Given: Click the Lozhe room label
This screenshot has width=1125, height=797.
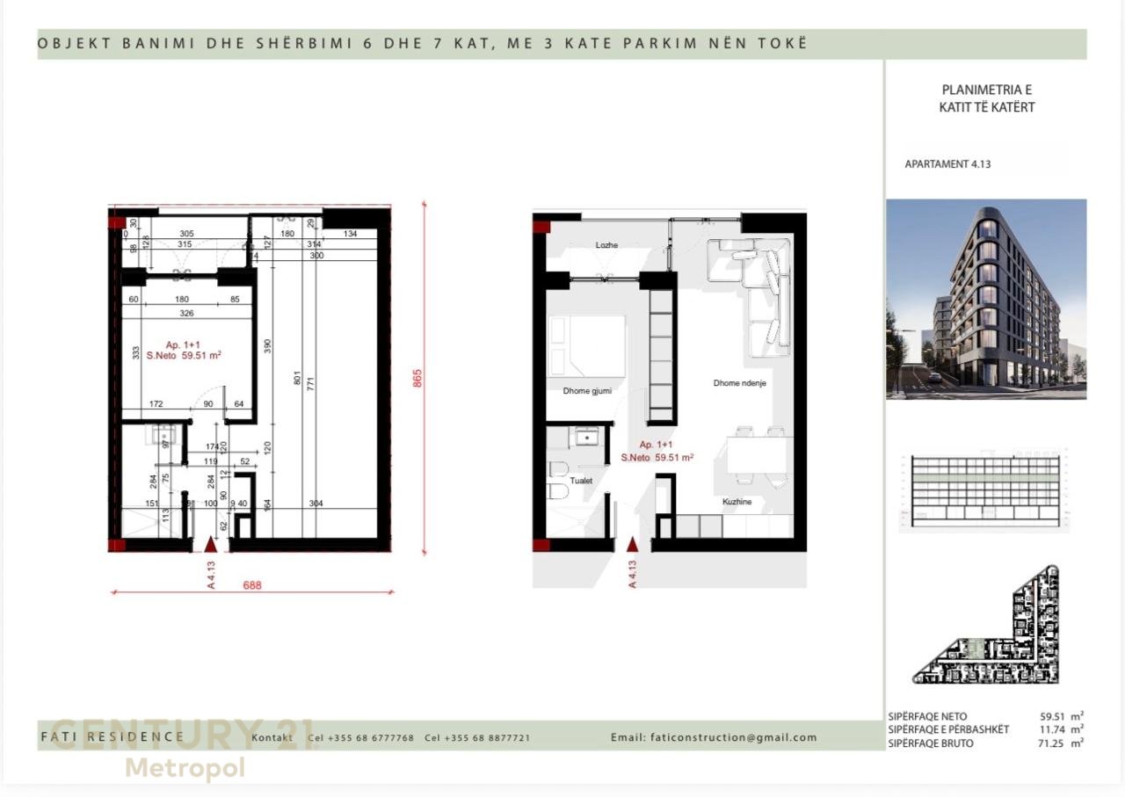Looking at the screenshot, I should coord(606,245).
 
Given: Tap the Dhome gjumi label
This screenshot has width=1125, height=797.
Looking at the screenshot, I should coord(587,391).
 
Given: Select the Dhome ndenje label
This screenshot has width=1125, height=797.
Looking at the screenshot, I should coord(739,383).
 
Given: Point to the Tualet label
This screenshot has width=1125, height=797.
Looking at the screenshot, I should coord(581,481).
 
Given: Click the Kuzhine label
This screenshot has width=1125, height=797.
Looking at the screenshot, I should coord(737,502).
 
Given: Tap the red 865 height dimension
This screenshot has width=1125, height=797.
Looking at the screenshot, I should coord(417,377).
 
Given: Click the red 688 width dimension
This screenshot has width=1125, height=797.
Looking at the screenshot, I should coord(252,584).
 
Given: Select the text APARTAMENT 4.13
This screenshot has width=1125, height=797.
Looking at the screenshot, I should coord(947,164).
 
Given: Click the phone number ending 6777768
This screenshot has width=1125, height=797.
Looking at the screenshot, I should coord(370,738).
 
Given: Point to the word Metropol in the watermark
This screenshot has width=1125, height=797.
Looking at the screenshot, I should coord(185,768).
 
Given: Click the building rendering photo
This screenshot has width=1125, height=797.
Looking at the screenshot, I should coord(985,299).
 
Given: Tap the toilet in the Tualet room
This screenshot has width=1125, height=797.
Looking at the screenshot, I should coord(558,482).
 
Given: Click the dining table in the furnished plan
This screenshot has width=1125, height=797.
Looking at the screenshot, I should coord(758,455).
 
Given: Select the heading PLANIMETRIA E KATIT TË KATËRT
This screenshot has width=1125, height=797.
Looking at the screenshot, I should coord(986,98).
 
